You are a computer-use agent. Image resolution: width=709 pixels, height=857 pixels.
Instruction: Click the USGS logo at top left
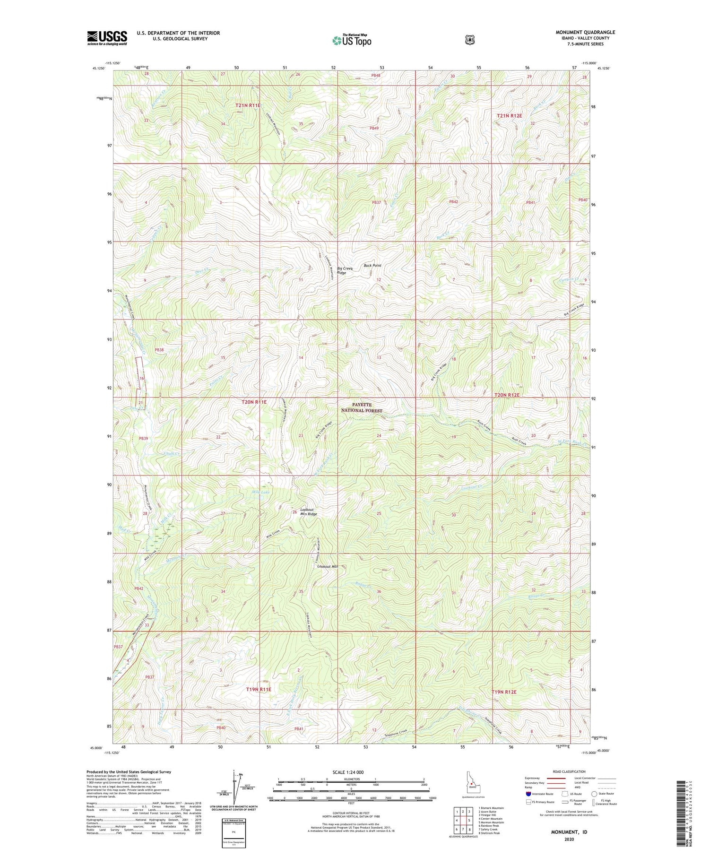pyautogui.click(x=107, y=38)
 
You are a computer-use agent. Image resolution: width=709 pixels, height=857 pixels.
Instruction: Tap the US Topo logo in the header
pyautogui.click(x=352, y=40)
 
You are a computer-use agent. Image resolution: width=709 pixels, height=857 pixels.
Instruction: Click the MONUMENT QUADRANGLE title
pyautogui.click(x=585, y=33)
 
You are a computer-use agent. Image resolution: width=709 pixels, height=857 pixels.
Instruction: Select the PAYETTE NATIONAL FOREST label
pyautogui.click(x=362, y=408)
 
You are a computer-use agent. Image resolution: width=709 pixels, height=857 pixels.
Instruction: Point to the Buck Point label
pyautogui.click(x=372, y=266)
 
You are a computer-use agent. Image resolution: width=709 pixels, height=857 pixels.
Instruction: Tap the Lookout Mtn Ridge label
pyautogui.click(x=309, y=512)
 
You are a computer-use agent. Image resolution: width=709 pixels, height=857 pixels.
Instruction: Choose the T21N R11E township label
pyautogui.click(x=248, y=105)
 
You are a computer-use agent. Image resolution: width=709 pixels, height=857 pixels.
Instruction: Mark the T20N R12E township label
pyautogui.click(x=507, y=395)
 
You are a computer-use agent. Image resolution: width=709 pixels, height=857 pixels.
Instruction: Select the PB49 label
pyautogui.click(x=374, y=128)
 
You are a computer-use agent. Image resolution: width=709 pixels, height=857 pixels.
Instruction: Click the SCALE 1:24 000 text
pyautogui.click(x=351, y=772)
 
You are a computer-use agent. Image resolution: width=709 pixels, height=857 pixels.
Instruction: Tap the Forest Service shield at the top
pyautogui.click(x=469, y=40)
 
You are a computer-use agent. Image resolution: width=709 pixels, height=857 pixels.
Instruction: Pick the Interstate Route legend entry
pyautogui.click(x=539, y=794)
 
